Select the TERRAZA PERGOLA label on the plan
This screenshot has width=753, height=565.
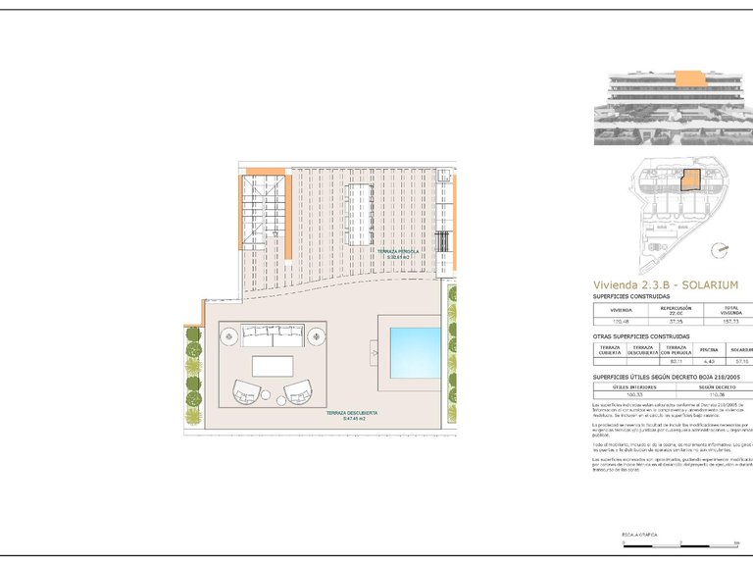(x=398, y=253)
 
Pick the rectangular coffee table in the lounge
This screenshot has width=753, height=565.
(x=273, y=366)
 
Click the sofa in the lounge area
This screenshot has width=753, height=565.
(x=273, y=334)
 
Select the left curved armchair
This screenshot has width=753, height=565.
(x=247, y=392)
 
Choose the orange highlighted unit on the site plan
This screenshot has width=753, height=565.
(x=691, y=180)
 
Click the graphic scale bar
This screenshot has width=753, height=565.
(x=678, y=542)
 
